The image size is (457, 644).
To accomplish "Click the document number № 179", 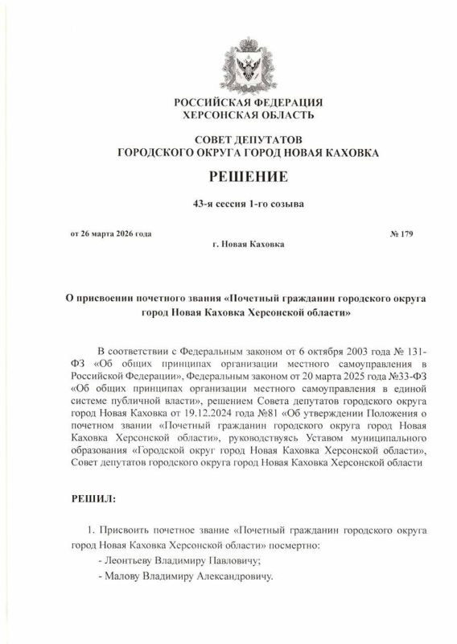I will [x=401, y=234].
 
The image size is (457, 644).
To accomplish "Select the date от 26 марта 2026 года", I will [x=110, y=234].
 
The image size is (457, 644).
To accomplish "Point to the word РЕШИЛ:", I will [x=91, y=499].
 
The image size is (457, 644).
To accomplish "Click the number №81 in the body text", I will [x=279, y=411].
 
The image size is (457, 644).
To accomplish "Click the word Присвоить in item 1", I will [x=124, y=530].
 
